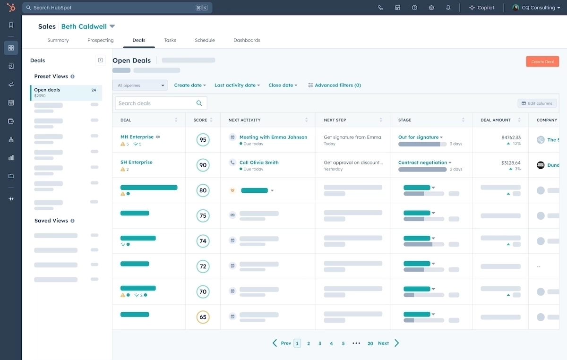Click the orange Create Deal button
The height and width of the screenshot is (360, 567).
tap(542, 61)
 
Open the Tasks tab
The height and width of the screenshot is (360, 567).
tap(170, 40)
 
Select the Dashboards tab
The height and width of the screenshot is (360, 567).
tap(247, 40)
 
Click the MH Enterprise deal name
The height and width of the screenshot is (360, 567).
tap(137, 137)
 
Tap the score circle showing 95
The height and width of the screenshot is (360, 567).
tap(203, 140)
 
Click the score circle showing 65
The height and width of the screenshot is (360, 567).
tap(203, 317)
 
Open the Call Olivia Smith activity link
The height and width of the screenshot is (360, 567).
tap(259, 163)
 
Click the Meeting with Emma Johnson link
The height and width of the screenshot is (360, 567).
tap(273, 137)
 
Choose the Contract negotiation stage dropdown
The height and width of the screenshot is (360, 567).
tap(425, 163)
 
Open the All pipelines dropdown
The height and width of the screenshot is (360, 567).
tap(140, 86)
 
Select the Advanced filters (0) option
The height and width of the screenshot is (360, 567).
tap(335, 86)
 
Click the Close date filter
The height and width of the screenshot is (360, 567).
tap(283, 86)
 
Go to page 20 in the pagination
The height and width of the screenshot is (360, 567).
tap(370, 343)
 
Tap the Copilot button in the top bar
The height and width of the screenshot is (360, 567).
tap(481, 8)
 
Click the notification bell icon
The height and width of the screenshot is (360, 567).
tap(448, 8)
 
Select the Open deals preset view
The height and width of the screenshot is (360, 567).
tap(66, 93)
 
